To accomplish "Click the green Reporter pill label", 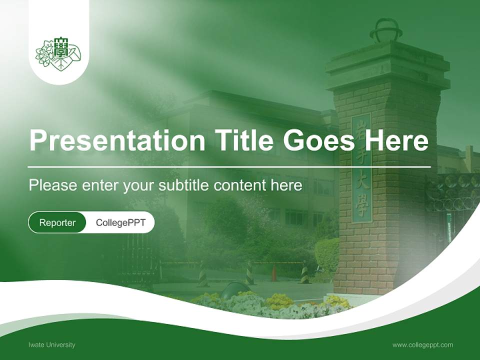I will pos(57,222).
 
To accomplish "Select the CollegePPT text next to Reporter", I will pos(120,222).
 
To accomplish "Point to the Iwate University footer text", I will pos(52,345).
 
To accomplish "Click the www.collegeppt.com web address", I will pos(422,345).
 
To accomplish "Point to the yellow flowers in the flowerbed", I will pos(278,301).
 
